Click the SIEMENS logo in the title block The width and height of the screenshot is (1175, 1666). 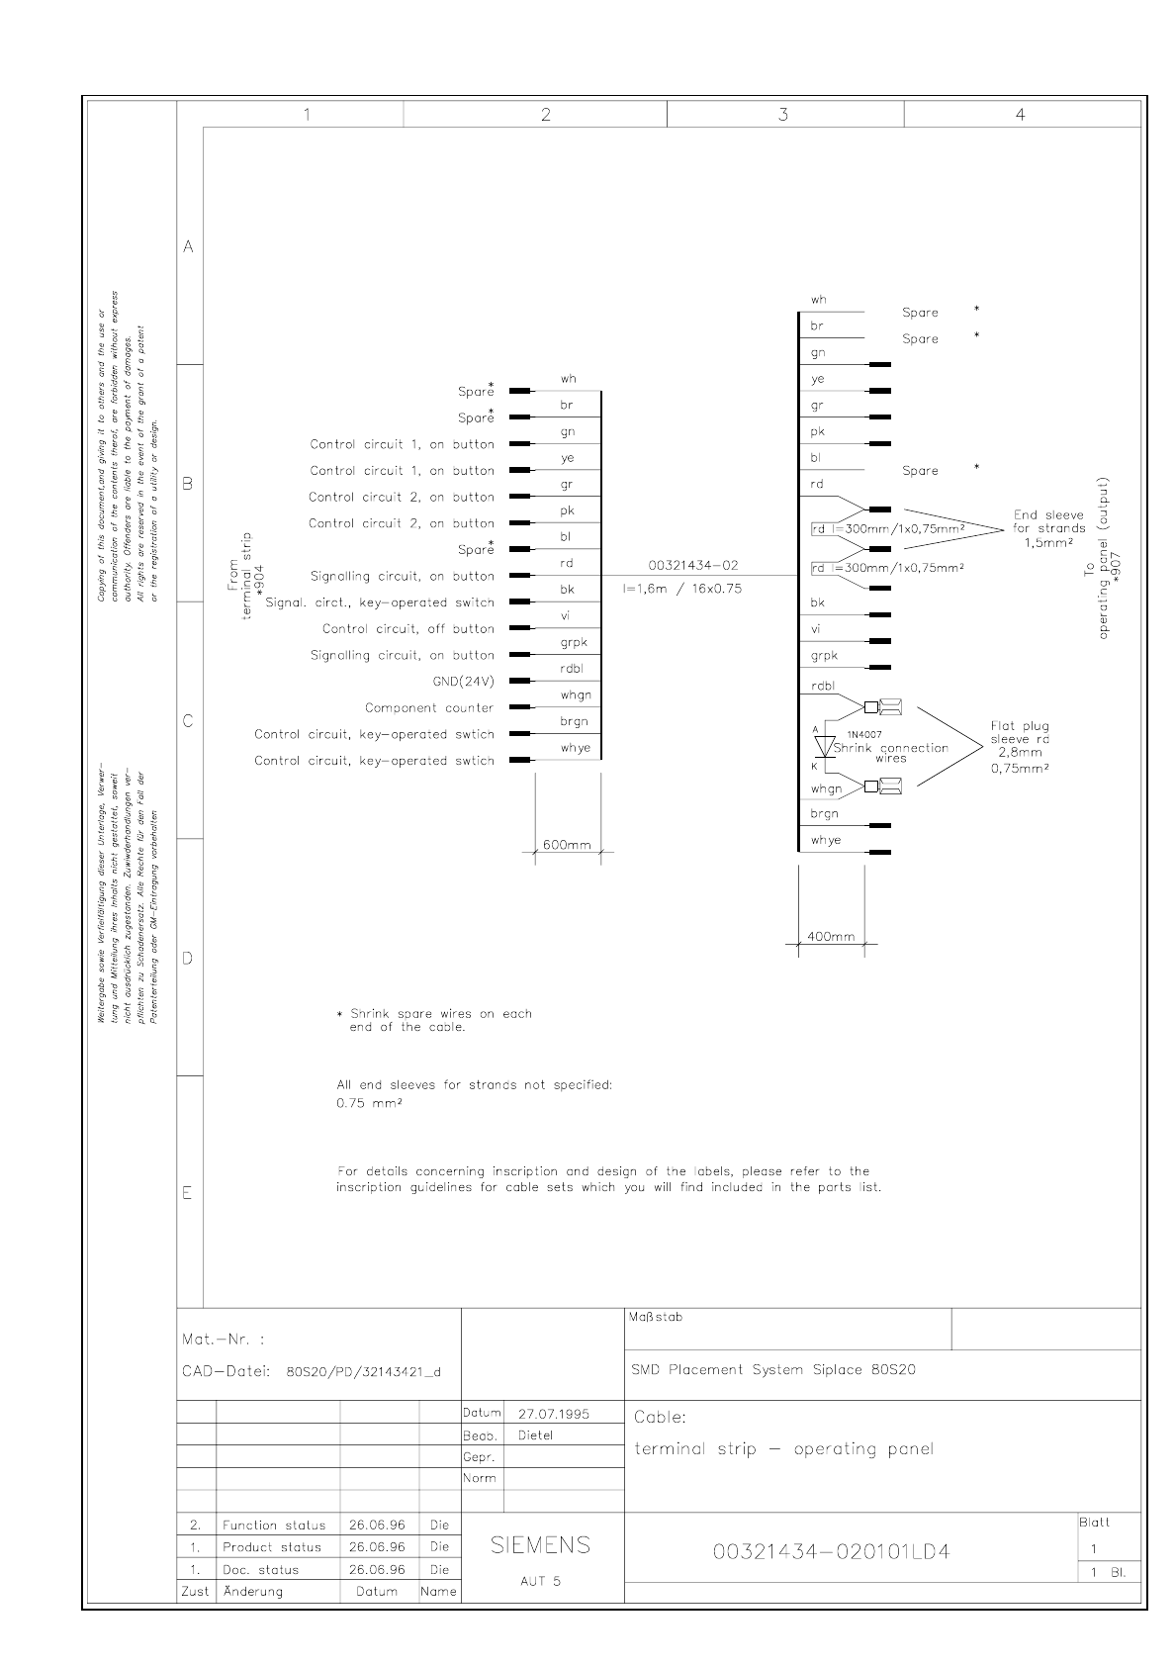point(541,1544)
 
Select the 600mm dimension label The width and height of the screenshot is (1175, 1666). point(567,844)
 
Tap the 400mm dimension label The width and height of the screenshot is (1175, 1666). point(831,936)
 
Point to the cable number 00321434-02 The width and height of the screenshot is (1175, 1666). point(692,565)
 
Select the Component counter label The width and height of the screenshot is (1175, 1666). point(429,707)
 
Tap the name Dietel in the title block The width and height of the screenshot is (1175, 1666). point(535,1435)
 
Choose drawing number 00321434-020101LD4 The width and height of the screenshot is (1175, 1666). point(831,1551)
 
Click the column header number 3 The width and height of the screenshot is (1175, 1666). point(783,114)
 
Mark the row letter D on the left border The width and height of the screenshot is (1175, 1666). point(188,958)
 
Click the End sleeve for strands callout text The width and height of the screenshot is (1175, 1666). point(1048,528)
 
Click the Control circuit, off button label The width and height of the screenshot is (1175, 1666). point(407,628)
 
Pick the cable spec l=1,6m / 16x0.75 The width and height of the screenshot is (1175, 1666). point(681,588)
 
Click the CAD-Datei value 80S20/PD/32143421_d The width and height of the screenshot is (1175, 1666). point(363,1372)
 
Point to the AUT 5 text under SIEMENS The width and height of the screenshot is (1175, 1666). point(540,1580)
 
